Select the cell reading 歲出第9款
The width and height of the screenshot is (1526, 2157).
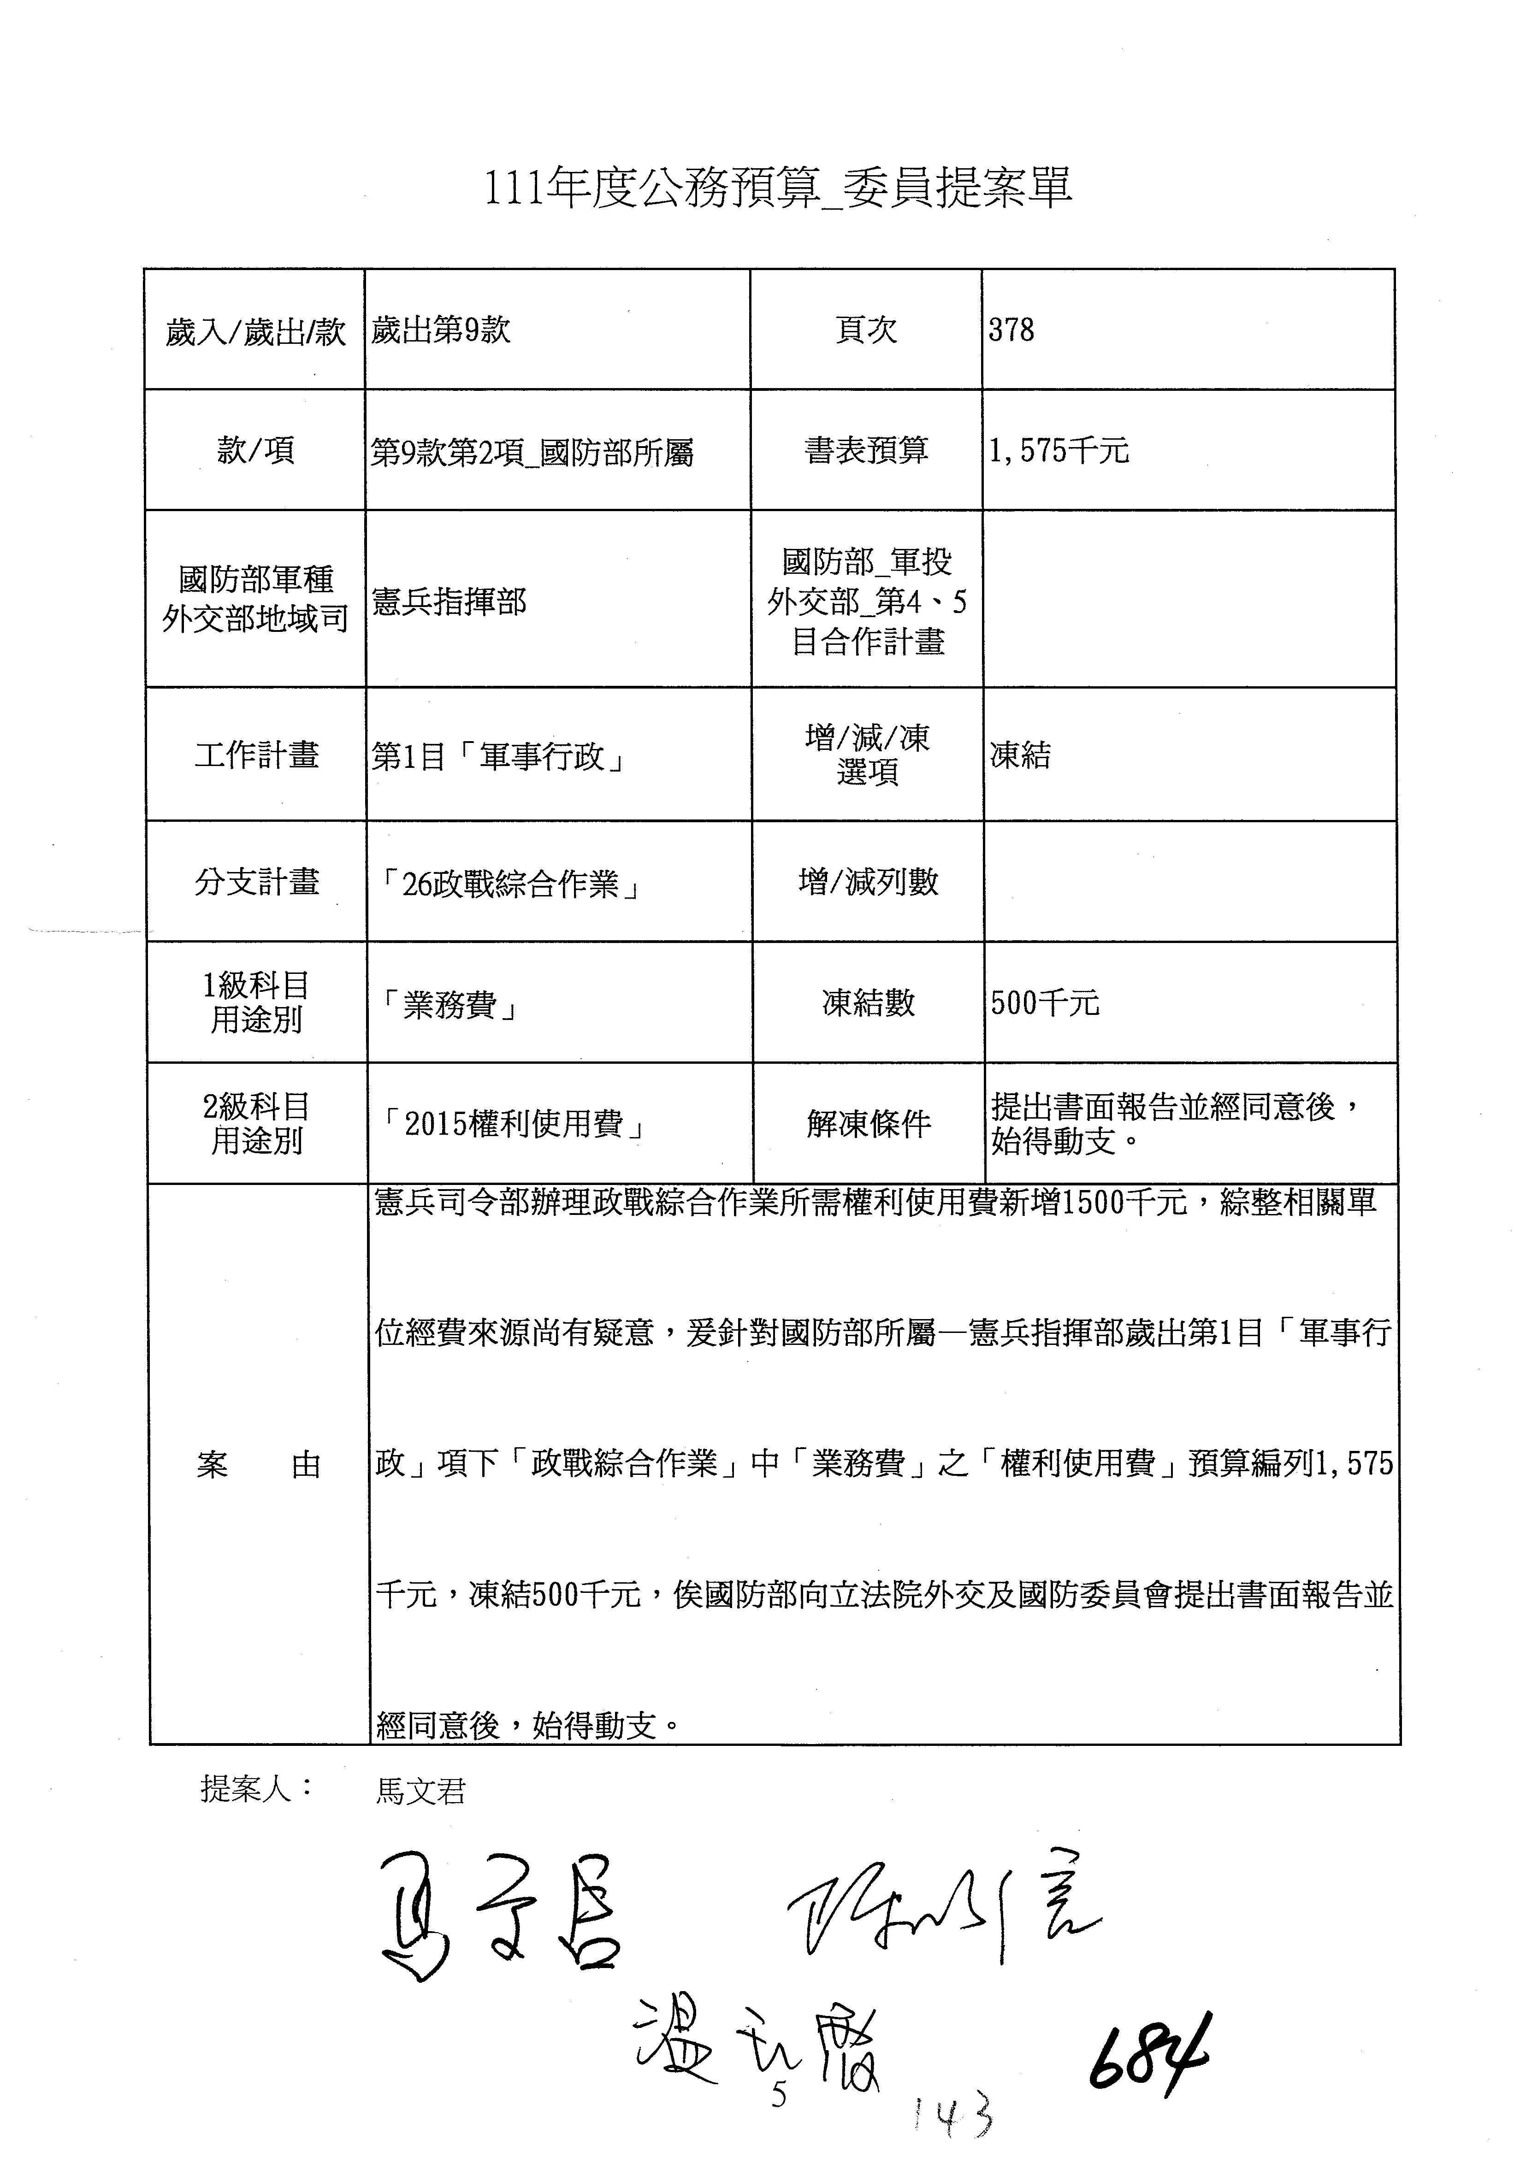(x=441, y=330)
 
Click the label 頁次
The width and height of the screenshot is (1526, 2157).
(x=866, y=330)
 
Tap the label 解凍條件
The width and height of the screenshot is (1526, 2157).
(x=868, y=1124)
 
